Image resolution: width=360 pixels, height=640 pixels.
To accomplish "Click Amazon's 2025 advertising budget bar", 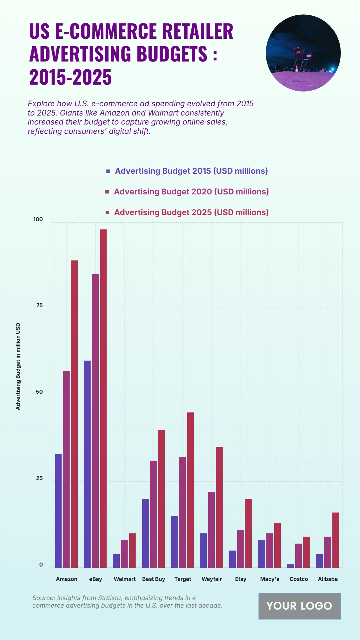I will pyautogui.click(x=74, y=414).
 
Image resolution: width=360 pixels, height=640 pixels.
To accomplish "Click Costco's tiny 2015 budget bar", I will pyautogui.click(x=290, y=566).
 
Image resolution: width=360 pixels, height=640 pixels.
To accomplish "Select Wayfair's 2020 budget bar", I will pyautogui.click(x=211, y=530).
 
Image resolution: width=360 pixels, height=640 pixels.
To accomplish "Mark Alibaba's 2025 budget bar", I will pyautogui.click(x=335, y=540).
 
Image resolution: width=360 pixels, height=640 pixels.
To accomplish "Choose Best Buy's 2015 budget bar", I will pyautogui.click(x=145, y=533).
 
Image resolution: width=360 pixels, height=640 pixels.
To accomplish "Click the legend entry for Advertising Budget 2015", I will pyautogui.click(x=191, y=171).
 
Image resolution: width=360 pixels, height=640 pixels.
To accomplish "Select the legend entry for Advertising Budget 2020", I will pyautogui.click(x=191, y=192).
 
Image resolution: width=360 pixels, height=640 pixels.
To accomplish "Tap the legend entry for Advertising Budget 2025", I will pyautogui.click(x=191, y=212).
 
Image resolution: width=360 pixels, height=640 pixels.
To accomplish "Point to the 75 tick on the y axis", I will pyautogui.click(x=39, y=305).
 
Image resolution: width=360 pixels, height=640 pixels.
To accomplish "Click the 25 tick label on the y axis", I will pyautogui.click(x=39, y=478).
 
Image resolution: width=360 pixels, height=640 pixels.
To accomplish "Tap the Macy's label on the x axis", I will pyautogui.click(x=270, y=579).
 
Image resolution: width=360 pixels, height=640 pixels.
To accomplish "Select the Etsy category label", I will pyautogui.click(x=241, y=579).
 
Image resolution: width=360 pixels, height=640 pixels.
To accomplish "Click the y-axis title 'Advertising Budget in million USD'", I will pyautogui.click(x=18, y=366).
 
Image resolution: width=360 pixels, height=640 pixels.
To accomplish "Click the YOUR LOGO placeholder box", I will pyautogui.click(x=299, y=606).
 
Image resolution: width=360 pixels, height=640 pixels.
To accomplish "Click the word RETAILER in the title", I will pyautogui.click(x=198, y=31).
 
